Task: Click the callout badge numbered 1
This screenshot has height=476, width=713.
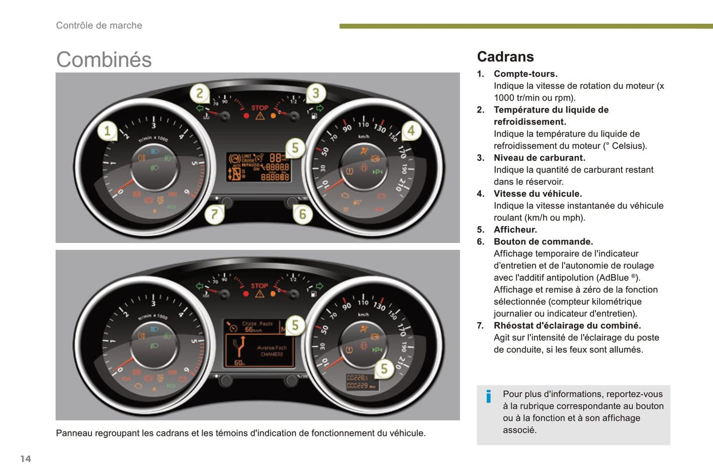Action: point(107,131)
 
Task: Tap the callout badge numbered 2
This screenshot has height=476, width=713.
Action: point(199,93)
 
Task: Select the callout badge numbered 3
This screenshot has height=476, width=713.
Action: point(316,93)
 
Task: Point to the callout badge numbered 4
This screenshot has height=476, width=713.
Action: point(411,131)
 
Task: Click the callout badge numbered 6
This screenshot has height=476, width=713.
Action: point(302,214)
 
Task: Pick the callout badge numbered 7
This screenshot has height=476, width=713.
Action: point(214,214)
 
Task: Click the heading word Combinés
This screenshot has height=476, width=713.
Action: point(104,60)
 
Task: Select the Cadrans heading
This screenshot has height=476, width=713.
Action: point(505,57)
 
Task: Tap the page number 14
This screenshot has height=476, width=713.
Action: point(26,459)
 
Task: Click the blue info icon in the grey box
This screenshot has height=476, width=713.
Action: point(488,397)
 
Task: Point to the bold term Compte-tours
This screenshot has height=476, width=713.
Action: point(525,74)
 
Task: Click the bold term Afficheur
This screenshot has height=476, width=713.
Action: point(515,230)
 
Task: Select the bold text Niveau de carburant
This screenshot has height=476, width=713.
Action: point(539,158)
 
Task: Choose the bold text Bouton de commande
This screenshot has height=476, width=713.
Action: point(543,241)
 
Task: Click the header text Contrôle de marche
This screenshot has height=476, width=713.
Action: point(99,26)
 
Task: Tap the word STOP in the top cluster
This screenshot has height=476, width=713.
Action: point(260,108)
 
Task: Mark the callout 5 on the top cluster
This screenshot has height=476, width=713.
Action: point(295,148)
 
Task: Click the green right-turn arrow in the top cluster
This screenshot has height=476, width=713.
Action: point(320,108)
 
